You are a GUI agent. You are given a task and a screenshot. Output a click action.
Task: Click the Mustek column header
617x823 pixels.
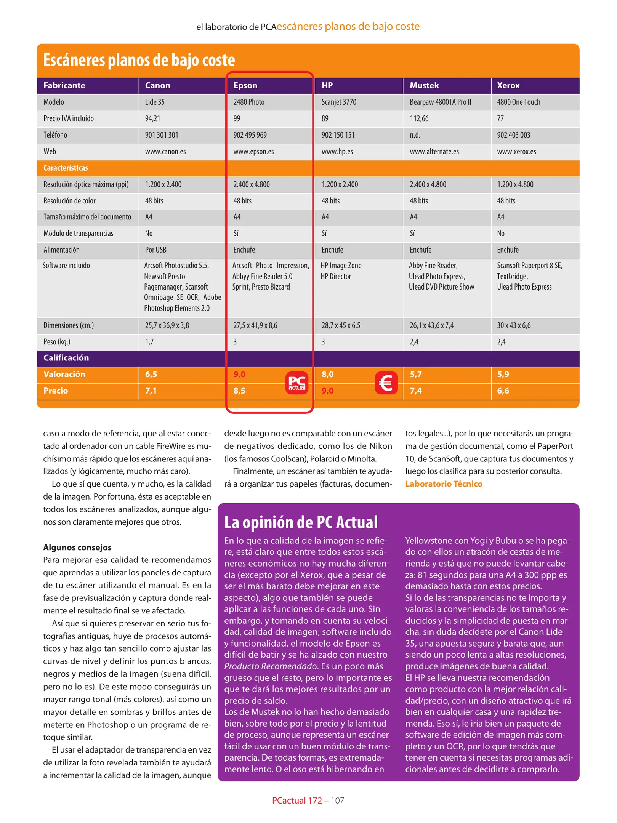[x=424, y=85]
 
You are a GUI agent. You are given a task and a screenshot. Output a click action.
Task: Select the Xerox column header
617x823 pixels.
[x=508, y=85]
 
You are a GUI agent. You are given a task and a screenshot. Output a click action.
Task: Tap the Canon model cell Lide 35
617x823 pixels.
[x=155, y=102]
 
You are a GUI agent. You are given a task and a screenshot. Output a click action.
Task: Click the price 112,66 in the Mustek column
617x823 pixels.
[x=419, y=118]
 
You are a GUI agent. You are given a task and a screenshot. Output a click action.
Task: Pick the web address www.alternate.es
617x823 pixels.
[x=434, y=151]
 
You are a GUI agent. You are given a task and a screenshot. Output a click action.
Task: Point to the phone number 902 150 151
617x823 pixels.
[x=338, y=135]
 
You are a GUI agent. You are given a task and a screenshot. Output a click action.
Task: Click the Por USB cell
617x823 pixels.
[x=155, y=250]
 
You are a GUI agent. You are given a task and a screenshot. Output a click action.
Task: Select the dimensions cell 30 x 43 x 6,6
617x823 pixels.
[x=513, y=325]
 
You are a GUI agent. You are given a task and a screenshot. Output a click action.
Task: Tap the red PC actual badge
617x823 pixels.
[x=297, y=383]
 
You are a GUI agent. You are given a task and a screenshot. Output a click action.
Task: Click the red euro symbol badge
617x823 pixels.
[x=386, y=383]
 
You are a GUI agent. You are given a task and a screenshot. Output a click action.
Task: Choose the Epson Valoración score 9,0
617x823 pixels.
[x=239, y=374]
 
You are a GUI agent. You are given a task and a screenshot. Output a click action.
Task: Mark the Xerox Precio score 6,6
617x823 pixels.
[x=503, y=391]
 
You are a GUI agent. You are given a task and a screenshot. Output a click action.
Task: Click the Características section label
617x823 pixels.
[x=66, y=168]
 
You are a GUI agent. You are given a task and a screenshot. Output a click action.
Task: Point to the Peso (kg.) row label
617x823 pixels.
[x=57, y=342]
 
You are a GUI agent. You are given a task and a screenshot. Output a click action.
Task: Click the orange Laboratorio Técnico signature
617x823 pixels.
[x=444, y=484]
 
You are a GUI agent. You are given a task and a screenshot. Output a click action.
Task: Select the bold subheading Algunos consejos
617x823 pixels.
[x=77, y=547]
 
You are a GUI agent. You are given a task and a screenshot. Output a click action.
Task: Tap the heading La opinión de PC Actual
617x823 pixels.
[x=301, y=522]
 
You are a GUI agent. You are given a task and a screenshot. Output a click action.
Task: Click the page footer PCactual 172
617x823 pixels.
[x=297, y=801]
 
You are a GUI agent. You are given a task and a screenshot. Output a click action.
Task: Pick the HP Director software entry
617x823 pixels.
[x=335, y=276]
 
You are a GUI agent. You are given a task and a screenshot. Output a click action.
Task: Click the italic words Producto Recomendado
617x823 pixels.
[x=271, y=666]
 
